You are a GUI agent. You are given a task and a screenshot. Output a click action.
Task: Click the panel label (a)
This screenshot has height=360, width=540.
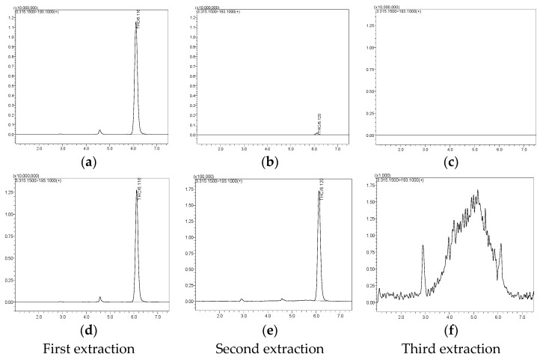point(89,162)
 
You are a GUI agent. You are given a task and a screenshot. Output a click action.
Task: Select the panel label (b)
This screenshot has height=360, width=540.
point(270,162)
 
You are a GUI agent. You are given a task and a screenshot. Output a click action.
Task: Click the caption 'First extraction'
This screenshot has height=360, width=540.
point(89,348)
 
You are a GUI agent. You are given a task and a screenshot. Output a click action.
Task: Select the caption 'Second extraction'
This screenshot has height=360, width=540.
point(270,348)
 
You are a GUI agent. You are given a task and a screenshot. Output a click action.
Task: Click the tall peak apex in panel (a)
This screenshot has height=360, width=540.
point(135,22)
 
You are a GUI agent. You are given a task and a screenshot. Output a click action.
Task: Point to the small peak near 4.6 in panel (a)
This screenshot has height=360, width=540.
point(99,130)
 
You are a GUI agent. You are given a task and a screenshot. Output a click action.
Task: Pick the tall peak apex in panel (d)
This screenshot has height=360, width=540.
point(136,190)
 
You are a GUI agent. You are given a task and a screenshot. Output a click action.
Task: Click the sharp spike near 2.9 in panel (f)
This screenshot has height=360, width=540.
point(423,245)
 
